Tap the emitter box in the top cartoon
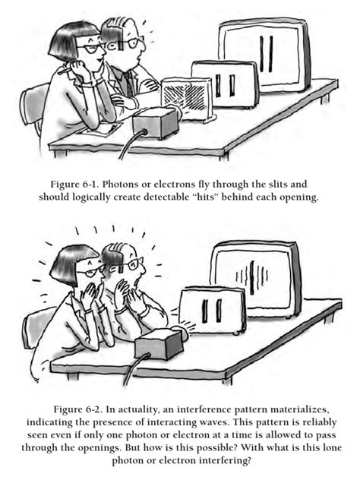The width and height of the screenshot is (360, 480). click(x=156, y=123)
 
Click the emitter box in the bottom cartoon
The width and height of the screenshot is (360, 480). click(x=159, y=344)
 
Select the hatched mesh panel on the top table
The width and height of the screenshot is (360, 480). click(x=186, y=97)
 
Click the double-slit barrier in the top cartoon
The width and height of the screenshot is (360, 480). click(x=225, y=84)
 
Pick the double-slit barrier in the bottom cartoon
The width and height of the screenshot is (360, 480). click(x=212, y=310)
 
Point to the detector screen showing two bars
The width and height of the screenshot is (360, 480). click(x=265, y=55)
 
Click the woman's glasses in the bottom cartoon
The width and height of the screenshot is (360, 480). click(x=90, y=270)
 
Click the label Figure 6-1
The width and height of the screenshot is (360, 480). click(x=74, y=185)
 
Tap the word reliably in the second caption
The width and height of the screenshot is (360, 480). click(x=319, y=422)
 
